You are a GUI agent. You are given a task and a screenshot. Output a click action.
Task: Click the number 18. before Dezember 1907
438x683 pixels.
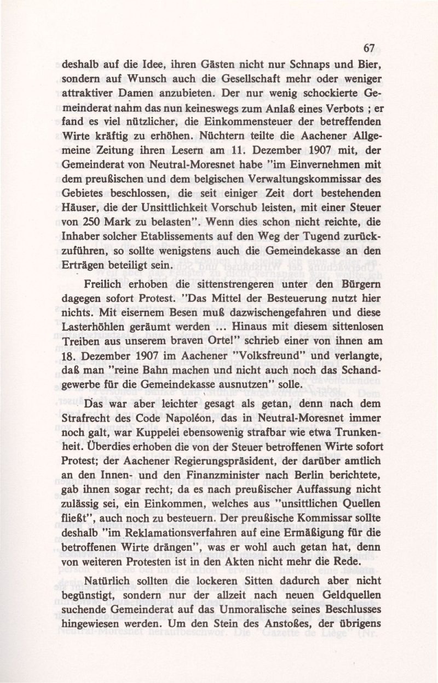coord(69,358)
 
